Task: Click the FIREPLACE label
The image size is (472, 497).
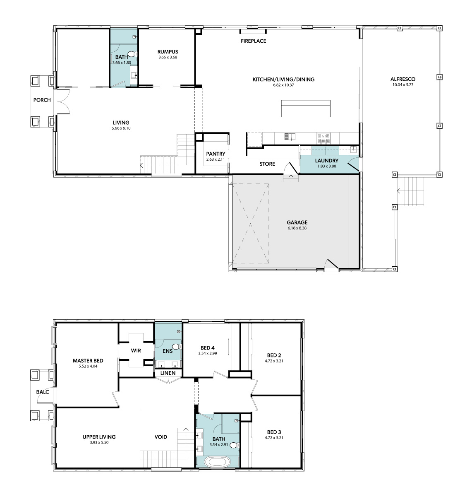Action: tap(253, 41)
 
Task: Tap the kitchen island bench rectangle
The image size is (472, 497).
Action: tap(306, 109)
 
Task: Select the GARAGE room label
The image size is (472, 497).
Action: tap(297, 222)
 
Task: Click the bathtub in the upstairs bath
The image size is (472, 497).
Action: tap(217, 462)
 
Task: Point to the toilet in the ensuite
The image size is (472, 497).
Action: tap(176, 346)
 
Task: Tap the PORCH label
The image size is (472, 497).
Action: tap(42, 100)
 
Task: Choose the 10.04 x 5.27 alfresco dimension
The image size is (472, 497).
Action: tap(403, 84)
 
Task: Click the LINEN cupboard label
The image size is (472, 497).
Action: tap(168, 373)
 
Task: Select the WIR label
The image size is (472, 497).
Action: tap(136, 351)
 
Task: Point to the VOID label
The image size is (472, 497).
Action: tap(161, 437)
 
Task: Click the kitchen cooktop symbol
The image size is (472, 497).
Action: tap(323, 139)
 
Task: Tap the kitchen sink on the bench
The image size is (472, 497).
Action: tap(290, 137)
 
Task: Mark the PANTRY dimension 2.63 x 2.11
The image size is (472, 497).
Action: tap(216, 159)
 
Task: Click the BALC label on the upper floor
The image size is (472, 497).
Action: tap(43, 392)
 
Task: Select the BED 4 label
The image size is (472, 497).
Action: tap(208, 348)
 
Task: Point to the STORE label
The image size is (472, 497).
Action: tap(267, 164)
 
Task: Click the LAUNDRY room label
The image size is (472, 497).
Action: tap(326, 161)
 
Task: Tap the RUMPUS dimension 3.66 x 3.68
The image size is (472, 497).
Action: tap(168, 58)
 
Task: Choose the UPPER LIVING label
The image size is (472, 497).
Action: tap(99, 437)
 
